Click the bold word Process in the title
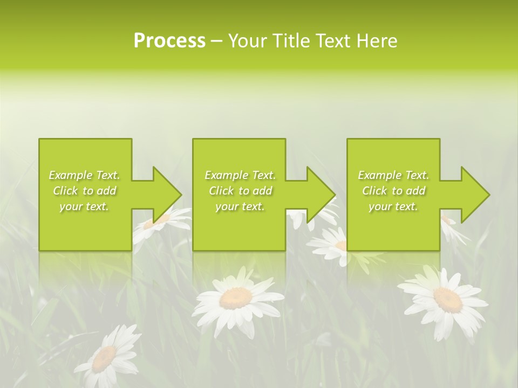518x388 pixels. (x=169, y=41)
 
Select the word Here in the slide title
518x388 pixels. (x=378, y=41)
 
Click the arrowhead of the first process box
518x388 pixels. (x=167, y=195)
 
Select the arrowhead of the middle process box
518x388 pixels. (x=321, y=195)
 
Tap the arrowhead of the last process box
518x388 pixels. (x=475, y=195)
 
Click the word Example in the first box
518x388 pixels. (x=71, y=175)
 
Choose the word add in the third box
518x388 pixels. (x=413, y=191)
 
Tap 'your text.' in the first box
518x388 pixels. (x=84, y=206)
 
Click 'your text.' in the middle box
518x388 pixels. (x=240, y=206)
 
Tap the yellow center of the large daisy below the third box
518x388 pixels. (x=447, y=299)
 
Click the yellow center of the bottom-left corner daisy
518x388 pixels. (x=104, y=358)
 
